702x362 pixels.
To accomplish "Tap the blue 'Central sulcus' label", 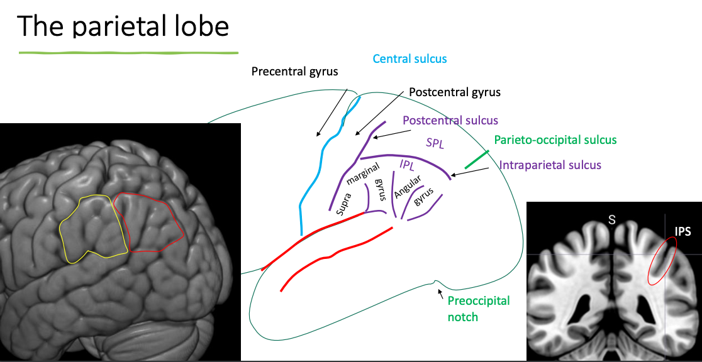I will point(409,58).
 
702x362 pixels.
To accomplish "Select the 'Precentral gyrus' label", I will point(294,71).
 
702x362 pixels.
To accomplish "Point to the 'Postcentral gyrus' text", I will point(455,92).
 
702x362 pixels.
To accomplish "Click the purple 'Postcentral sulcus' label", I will point(450,120).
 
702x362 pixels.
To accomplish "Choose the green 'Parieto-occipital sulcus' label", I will point(555,140).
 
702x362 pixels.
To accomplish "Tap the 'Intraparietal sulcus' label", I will point(550,165).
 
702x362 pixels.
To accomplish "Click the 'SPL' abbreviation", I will point(435,143).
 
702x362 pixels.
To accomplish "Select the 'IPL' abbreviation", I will point(408,165).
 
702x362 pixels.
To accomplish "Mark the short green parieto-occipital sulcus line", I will point(477,159).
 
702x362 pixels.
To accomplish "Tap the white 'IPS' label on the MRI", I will point(682,231).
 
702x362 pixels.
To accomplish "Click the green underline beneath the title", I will point(128,52).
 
